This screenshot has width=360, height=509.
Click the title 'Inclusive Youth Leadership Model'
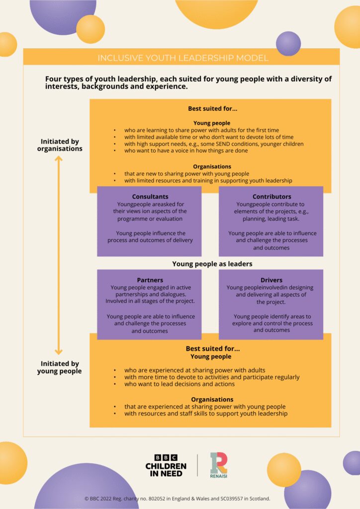click(x=182, y=58)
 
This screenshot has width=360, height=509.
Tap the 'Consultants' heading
click(x=150, y=197)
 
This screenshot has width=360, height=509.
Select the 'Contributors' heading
click(x=271, y=197)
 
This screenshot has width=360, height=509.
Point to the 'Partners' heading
click(x=150, y=280)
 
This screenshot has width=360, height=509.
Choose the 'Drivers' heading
click(x=271, y=280)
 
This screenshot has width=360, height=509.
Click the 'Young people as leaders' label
click(x=212, y=264)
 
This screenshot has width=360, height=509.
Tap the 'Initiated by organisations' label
click(x=60, y=145)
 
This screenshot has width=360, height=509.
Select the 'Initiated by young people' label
click(x=60, y=367)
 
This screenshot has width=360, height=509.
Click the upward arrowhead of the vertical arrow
click(x=59, y=159)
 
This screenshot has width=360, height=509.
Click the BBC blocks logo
click(x=166, y=457)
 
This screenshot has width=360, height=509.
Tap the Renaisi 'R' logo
click(x=219, y=463)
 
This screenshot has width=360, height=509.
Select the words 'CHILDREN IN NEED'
click(x=166, y=470)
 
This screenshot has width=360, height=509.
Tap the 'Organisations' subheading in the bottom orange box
click(x=212, y=399)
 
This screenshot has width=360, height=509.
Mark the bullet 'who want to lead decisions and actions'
click(x=180, y=384)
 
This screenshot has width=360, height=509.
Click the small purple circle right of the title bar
click(x=288, y=44)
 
